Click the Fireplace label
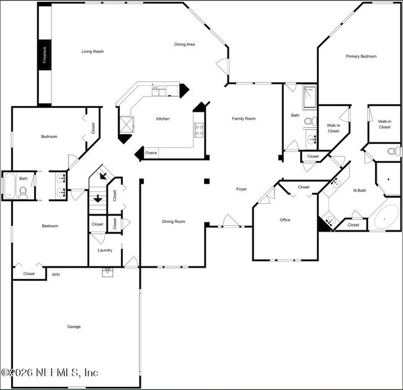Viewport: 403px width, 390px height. tap(45, 55)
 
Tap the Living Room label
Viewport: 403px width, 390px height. tap(92, 52)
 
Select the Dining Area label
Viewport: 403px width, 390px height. tap(185, 44)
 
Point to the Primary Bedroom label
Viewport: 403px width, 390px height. tap(361, 57)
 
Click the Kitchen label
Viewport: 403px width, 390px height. tap(162, 119)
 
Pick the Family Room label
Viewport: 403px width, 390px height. tap(244, 119)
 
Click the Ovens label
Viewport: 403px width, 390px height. tap(151, 153)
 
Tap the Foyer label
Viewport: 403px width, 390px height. tap(241, 189)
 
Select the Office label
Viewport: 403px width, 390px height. tap(285, 220)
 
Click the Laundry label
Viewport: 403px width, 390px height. tap(105, 250)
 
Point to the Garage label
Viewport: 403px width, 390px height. tap(74, 327)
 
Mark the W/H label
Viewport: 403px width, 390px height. tap(55, 274)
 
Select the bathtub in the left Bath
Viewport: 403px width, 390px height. tap(10, 186)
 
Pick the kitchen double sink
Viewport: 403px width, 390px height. tap(159, 92)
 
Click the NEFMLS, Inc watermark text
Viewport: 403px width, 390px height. tap(50, 373)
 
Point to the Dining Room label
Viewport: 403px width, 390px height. tap(174, 222)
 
